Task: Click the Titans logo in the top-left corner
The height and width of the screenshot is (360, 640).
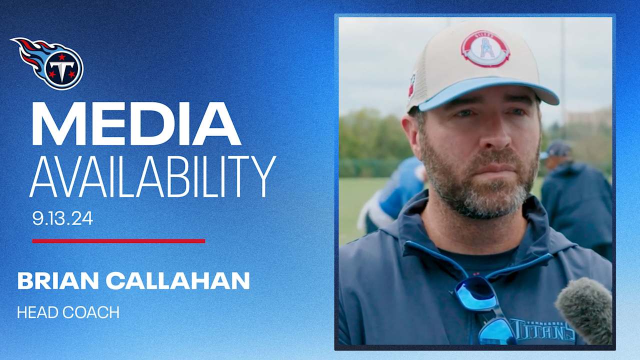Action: (x=48, y=63)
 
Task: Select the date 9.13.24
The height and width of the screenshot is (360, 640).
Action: (x=62, y=218)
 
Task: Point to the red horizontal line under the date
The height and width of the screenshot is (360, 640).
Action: (x=118, y=241)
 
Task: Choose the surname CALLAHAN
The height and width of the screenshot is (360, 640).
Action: (x=177, y=281)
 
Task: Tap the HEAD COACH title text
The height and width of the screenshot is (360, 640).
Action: (x=68, y=312)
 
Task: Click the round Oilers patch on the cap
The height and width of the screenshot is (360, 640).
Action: (x=485, y=48)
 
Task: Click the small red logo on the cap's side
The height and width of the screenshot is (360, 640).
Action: (x=412, y=85)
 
